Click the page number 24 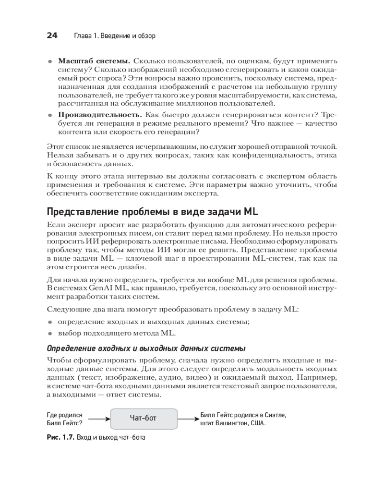pos(52,36)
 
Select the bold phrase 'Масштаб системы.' pos(94,61)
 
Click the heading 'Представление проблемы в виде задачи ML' pos(153,212)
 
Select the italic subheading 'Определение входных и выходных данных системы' pos(146,348)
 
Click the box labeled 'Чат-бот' pos(144,418)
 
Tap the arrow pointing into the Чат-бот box pos(100,419)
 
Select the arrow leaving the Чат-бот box pos(187,419)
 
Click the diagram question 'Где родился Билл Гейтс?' pos(65,419)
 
